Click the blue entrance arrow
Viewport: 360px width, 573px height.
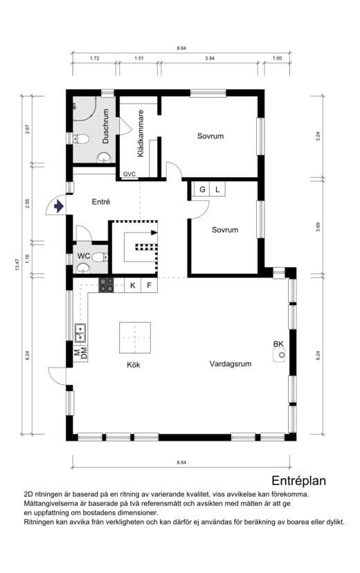coord(58,206)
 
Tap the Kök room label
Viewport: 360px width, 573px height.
coord(134,365)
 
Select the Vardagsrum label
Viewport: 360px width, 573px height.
coord(231,363)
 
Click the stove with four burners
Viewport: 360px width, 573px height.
coord(106,285)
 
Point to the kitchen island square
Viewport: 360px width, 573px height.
coord(135,337)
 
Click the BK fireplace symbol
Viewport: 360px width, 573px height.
coord(279,355)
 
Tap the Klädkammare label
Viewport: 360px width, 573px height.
coord(141,134)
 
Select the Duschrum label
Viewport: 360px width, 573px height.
coord(106,126)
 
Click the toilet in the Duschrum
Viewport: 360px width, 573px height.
coord(81,139)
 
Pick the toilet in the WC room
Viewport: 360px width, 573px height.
coord(100,257)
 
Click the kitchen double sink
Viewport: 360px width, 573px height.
coord(80,333)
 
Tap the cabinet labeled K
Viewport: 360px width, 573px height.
coord(133,285)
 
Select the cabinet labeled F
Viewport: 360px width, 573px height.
coord(149,285)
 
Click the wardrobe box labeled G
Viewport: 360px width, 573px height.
coord(201,190)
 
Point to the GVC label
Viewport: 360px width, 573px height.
coord(129,174)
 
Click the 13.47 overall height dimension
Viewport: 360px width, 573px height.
coord(17,264)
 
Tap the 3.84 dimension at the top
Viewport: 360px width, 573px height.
coord(210,58)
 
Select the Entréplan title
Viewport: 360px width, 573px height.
coord(298,480)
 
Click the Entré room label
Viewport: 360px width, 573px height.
coord(101,201)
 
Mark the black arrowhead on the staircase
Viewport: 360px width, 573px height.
coord(154,233)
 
